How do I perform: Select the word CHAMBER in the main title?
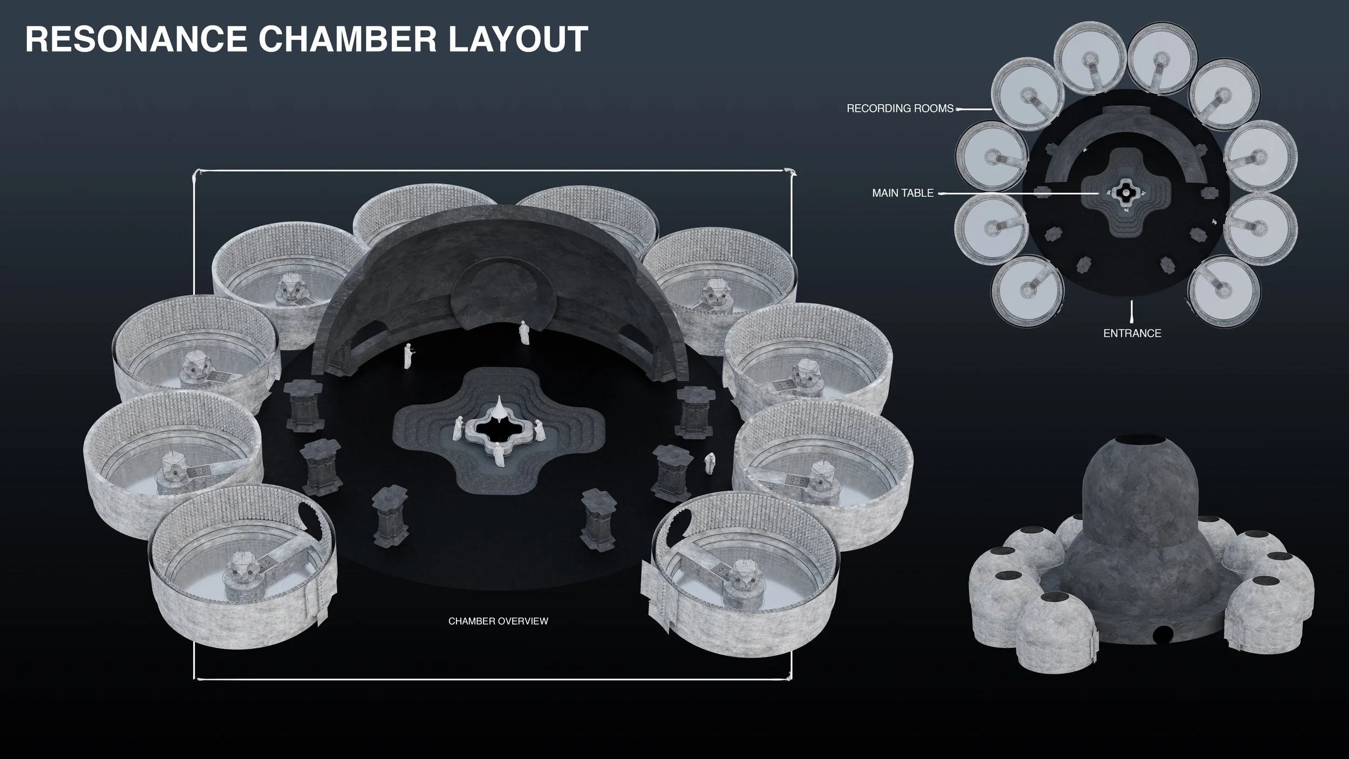pyautogui.click(x=349, y=39)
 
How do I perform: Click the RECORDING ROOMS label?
pyautogui.click(x=900, y=109)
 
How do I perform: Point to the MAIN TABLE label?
pyautogui.click(x=903, y=193)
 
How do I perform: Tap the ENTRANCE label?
pyautogui.click(x=1132, y=334)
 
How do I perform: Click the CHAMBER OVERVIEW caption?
pyautogui.click(x=498, y=621)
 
